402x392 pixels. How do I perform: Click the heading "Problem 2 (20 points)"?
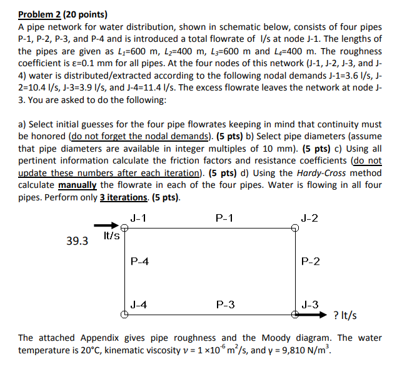[63, 14]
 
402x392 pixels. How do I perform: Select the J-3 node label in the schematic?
[309, 305]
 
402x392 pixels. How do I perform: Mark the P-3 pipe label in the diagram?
[225, 305]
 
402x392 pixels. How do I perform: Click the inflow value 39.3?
[78, 240]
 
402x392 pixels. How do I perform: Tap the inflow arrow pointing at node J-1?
[106, 227]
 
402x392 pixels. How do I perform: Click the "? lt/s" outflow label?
[346, 316]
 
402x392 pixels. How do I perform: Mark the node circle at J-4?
[125, 315]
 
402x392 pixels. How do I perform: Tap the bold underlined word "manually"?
[78, 185]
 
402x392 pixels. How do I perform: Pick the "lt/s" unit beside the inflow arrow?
[112, 236]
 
